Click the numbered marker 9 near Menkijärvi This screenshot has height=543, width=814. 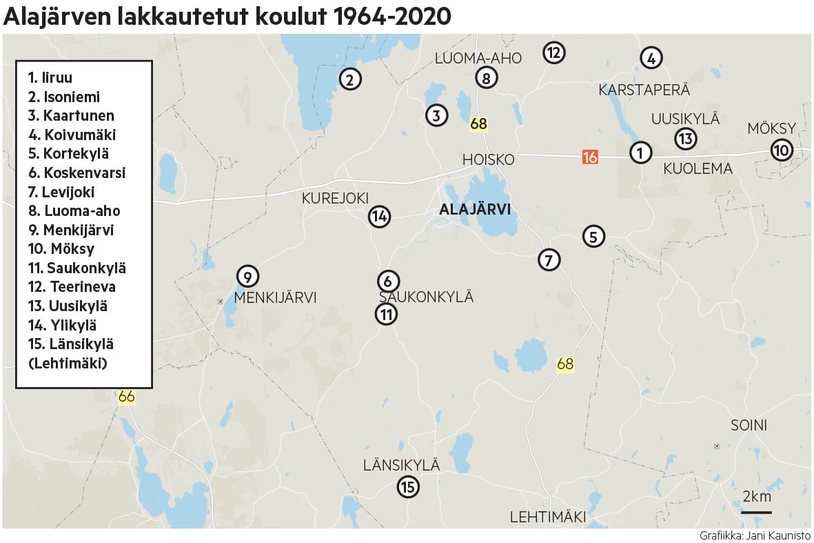(x=247, y=277)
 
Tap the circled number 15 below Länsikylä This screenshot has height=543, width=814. (x=408, y=487)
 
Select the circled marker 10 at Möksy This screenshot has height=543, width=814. (x=782, y=150)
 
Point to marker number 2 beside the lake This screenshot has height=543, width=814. (x=350, y=79)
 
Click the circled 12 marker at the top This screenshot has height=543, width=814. (x=554, y=52)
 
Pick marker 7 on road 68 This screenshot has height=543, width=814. (x=549, y=260)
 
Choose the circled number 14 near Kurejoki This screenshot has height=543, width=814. (x=379, y=217)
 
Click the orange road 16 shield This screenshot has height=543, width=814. (x=589, y=157)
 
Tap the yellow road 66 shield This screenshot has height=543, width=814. (x=126, y=397)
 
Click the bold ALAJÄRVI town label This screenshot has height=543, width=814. (x=475, y=210)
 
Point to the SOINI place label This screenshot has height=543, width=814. (x=749, y=425)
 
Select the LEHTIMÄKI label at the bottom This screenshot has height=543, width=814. (x=547, y=517)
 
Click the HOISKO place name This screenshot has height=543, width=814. (x=488, y=159)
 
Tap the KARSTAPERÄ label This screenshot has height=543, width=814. (x=644, y=90)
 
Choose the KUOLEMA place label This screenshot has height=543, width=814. (x=698, y=168)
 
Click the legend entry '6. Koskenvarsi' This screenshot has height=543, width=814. (x=77, y=173)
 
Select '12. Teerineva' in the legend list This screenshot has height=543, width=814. (x=72, y=286)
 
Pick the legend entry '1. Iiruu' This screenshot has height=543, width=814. (x=50, y=78)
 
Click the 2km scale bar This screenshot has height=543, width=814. (x=756, y=511)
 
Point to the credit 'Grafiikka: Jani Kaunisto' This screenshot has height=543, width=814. (x=755, y=535)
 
